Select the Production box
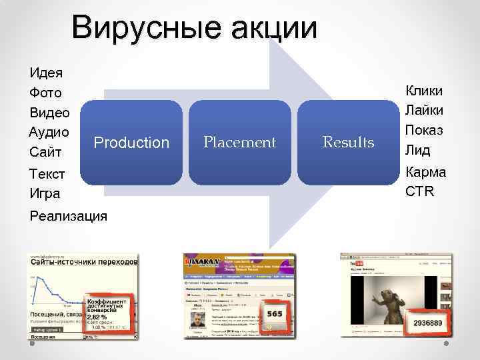[x=131, y=143]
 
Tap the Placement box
[x=239, y=143]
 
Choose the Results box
[x=347, y=143]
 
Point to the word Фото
[x=45, y=92]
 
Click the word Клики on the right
[x=425, y=91]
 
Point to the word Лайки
[x=425, y=110]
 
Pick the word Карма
[x=425, y=172]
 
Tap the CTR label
[x=419, y=192]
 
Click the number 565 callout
[x=274, y=314]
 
